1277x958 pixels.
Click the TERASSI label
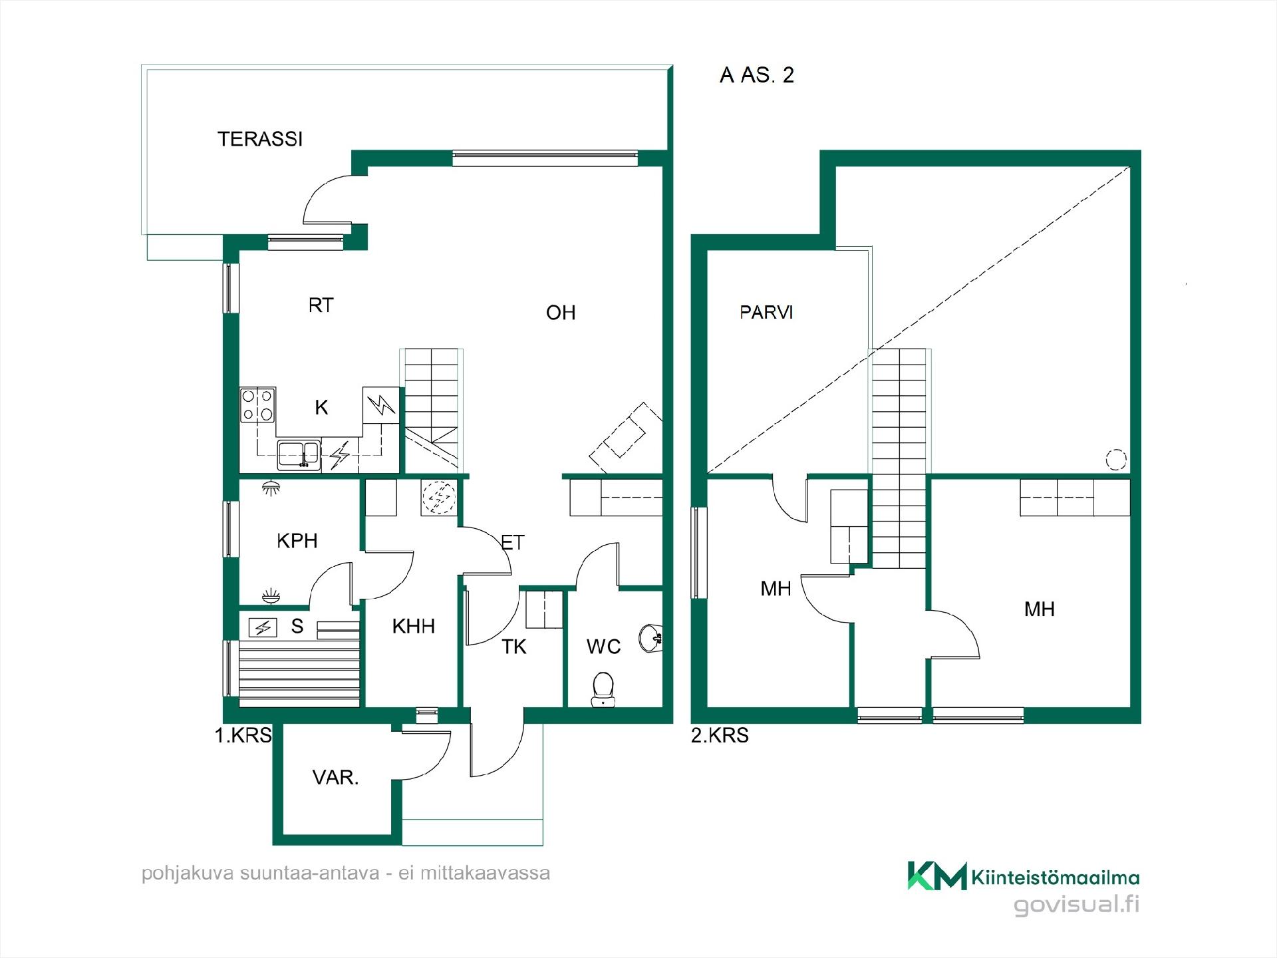260,139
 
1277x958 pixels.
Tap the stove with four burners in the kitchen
258,405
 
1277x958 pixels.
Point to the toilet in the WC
603,689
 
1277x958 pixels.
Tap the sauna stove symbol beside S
263,627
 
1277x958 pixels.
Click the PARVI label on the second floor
766,312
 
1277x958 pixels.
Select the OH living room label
561,313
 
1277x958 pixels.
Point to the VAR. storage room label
335,777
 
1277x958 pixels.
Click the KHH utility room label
413,626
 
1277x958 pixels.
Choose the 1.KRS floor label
243,735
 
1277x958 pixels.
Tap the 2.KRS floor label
720,735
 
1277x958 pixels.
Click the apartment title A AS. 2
757,75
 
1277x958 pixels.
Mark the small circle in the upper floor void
1115,459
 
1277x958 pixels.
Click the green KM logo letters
937,876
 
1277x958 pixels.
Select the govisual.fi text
1076,905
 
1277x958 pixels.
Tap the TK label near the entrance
513,647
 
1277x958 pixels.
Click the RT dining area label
321,305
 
